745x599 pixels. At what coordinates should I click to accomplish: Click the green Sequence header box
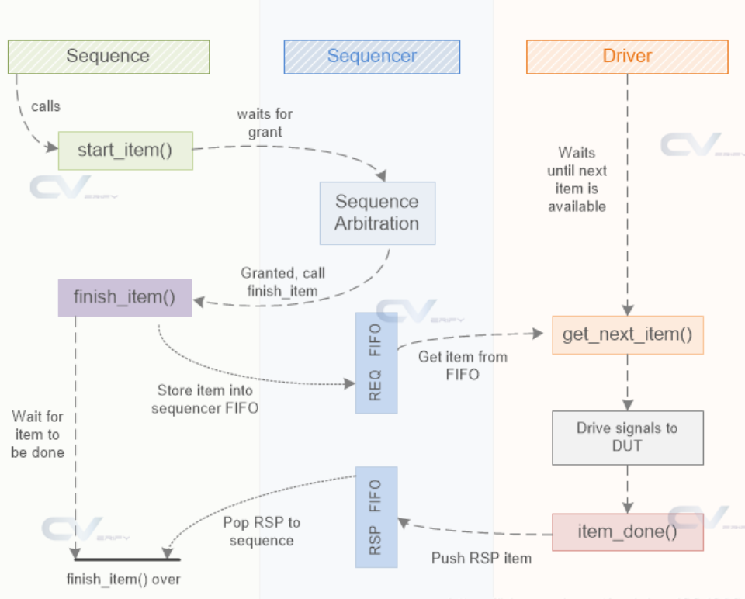point(109,57)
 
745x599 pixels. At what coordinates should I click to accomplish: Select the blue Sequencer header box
point(372,57)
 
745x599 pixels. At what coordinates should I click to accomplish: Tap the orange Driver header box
point(627,57)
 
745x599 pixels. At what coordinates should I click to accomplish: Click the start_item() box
point(125,151)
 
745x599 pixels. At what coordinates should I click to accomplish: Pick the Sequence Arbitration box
point(377,213)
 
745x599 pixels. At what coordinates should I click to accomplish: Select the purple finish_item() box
point(125,297)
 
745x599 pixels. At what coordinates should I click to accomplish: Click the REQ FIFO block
point(376,363)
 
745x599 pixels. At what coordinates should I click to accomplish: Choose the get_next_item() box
point(627,335)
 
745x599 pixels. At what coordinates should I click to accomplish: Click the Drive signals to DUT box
point(627,438)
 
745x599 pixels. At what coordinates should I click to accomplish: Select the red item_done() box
point(627,532)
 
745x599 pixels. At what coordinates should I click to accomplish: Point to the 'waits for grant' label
point(265,123)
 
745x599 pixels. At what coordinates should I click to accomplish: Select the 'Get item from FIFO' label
point(463,365)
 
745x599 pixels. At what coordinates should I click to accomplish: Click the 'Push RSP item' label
point(481,558)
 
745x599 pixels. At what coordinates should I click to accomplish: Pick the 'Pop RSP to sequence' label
point(261,531)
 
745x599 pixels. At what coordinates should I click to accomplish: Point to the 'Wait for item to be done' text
point(37,435)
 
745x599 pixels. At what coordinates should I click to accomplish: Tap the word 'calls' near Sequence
point(45,106)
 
